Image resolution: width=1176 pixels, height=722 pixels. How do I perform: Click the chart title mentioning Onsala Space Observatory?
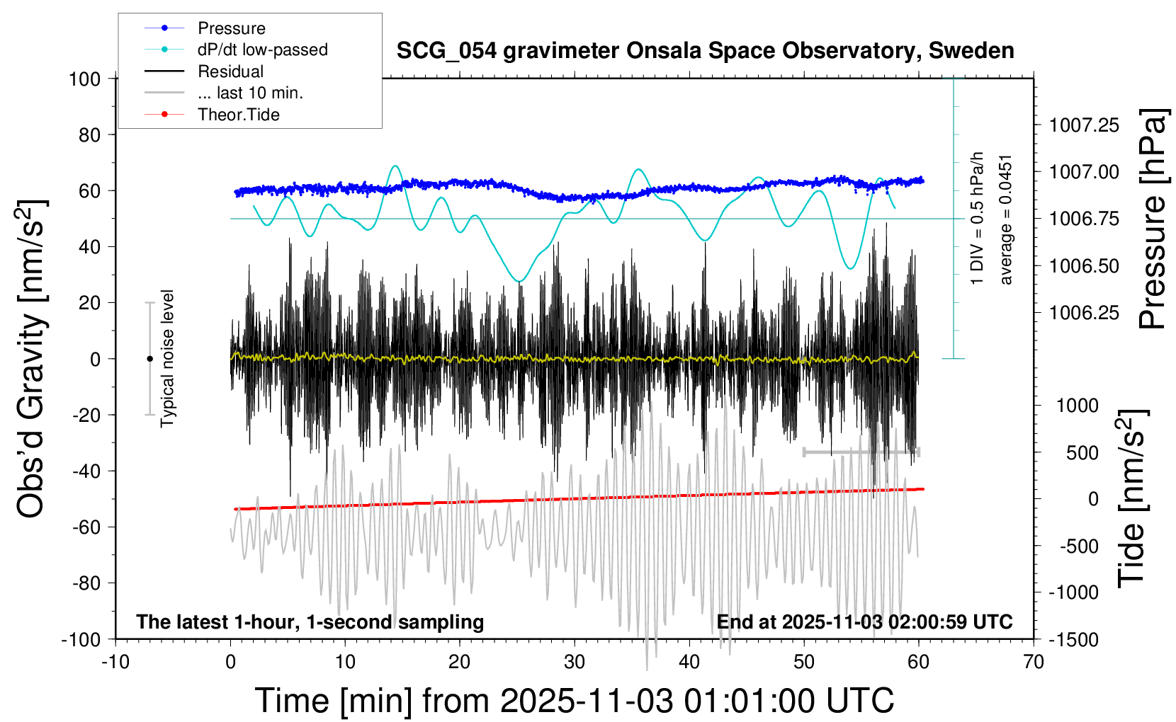click(705, 51)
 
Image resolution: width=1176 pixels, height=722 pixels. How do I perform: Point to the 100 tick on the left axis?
click(84, 79)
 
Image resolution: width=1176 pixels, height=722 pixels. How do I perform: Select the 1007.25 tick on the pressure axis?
click(1084, 125)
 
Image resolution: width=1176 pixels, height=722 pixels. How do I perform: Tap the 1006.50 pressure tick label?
click(1084, 266)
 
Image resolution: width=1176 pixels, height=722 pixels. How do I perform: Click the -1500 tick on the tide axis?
click(1078, 639)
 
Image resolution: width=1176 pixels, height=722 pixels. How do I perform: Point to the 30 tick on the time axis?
click(575, 662)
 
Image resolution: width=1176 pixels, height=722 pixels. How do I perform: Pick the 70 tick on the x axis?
click(1034, 662)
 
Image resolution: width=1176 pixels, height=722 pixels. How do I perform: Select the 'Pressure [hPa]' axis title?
click(1152, 219)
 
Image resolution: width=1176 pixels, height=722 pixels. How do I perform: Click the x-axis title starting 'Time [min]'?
click(575, 701)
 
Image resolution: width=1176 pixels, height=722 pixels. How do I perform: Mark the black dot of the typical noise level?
click(149, 359)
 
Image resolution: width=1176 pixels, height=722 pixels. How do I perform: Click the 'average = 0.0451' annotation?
click(1006, 219)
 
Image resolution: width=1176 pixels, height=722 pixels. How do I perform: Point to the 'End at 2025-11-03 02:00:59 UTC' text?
click(864, 621)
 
